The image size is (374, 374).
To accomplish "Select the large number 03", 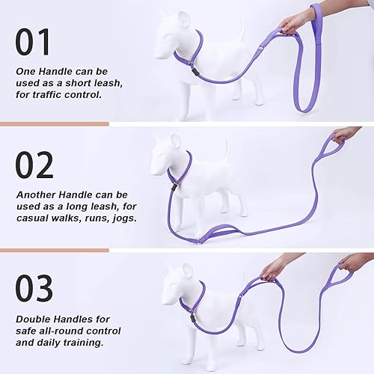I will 34,289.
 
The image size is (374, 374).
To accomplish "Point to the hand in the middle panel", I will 345,135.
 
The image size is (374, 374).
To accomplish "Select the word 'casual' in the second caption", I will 36,218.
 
